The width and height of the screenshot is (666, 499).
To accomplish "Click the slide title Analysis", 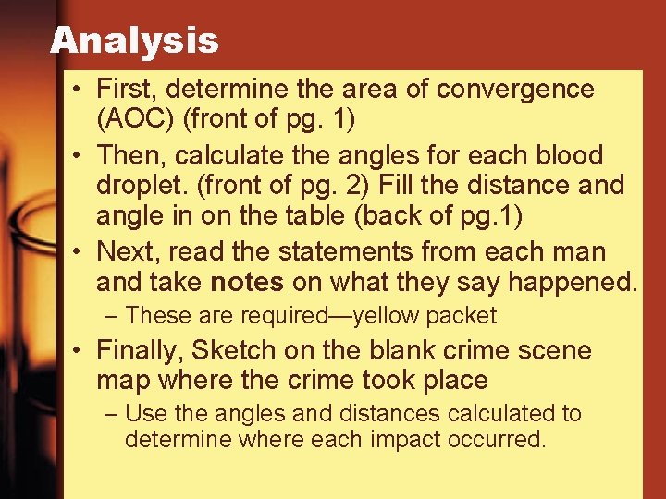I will [x=134, y=40].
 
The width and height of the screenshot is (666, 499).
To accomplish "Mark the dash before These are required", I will [x=112, y=316].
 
